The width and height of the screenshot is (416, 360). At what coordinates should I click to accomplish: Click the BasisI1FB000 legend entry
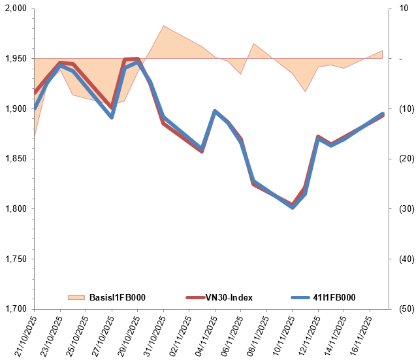tap(116, 297)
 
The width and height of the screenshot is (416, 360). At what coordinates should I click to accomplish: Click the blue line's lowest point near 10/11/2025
tap(293, 207)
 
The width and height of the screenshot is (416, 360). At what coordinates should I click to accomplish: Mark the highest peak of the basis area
tap(163, 26)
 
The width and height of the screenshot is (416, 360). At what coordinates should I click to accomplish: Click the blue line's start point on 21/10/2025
tap(34, 108)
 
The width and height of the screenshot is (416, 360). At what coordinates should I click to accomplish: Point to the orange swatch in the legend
tap(76, 297)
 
